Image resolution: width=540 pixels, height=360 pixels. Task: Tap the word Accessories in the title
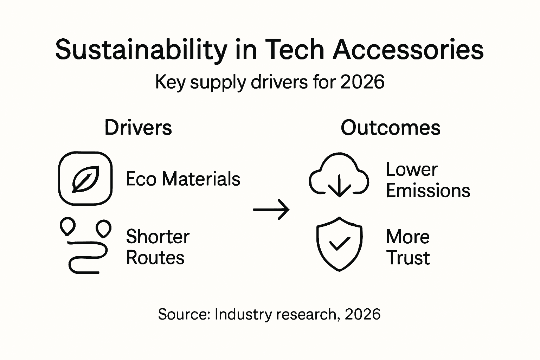[x=408, y=50]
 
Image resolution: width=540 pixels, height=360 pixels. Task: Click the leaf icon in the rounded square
[x=85, y=179]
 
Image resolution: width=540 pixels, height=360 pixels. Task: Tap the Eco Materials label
[x=183, y=179]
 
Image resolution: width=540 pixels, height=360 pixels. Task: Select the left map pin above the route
[x=67, y=227]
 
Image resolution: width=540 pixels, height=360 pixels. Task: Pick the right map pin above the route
[x=104, y=228]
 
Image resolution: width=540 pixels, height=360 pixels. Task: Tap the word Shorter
[x=157, y=236]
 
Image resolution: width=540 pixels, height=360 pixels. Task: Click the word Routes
[x=155, y=257]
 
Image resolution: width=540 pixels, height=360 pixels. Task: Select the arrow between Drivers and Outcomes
[x=271, y=210]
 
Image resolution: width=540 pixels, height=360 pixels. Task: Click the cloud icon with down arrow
[x=339, y=175]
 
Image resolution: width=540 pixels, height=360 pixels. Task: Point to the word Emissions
[x=428, y=191]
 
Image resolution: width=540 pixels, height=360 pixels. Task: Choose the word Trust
[x=408, y=258]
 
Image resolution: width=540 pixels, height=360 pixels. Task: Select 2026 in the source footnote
[x=362, y=314]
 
